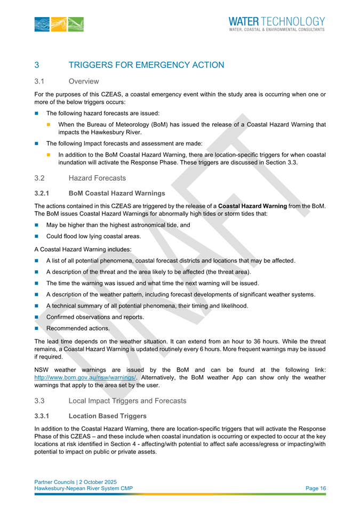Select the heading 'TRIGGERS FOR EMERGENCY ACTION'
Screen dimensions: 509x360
coord(146,65)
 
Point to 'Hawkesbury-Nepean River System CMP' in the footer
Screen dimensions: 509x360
coord(84,488)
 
